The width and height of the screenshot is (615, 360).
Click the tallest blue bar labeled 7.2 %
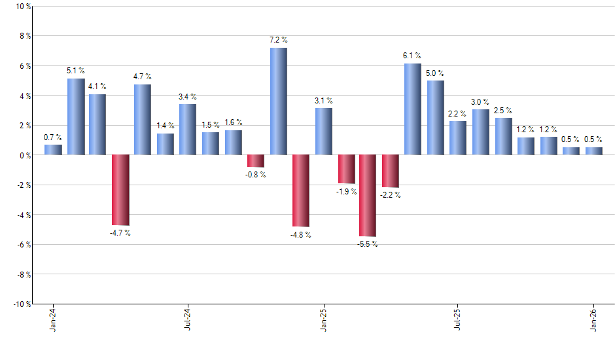coord(278,101)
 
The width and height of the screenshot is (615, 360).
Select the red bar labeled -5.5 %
coord(368,196)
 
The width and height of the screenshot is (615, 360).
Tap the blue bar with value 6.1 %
coord(413,109)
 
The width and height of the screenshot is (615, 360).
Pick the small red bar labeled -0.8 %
coord(256,161)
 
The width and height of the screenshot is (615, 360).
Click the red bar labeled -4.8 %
coord(301,190)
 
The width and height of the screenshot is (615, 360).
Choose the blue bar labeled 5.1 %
coord(76,117)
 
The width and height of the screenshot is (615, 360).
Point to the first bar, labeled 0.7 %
coord(53,150)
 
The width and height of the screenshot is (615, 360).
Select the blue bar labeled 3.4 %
coord(188,130)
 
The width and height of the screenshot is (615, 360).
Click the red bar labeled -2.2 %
coord(391,171)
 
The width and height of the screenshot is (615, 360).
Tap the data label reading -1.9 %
coord(346,192)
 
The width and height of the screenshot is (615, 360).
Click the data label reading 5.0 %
coord(435,73)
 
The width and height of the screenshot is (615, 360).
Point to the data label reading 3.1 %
coord(323,101)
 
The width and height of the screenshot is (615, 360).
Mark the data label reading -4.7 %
coord(120,233)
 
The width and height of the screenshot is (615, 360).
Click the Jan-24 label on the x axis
coord(53,321)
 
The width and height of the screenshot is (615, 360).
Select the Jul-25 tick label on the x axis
coord(457,321)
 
